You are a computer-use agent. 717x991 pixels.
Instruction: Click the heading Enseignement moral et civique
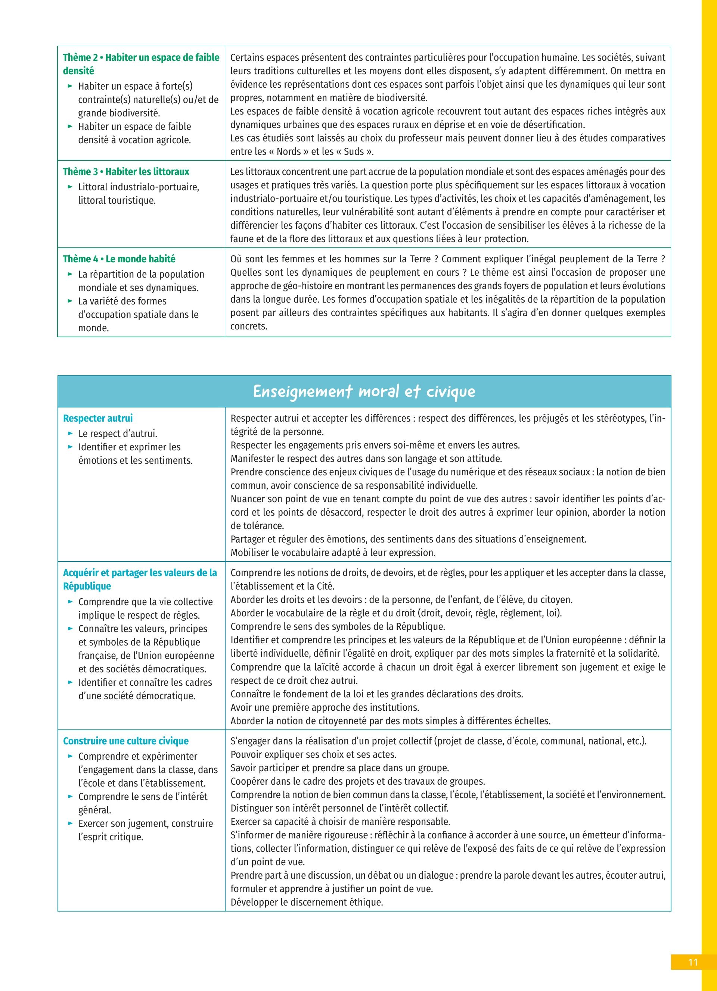[364, 391]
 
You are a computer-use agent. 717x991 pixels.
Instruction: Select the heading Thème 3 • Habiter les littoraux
[126, 172]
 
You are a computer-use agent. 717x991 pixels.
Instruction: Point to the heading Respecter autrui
[97, 418]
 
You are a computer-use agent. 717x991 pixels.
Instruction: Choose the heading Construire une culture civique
[126, 741]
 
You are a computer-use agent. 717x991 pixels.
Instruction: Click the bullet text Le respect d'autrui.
[118, 434]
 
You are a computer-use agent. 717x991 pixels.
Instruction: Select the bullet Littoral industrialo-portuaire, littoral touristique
[138, 194]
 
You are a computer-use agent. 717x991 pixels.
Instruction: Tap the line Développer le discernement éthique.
[307, 902]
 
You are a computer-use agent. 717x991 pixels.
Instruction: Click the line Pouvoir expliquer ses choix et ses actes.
[313, 754]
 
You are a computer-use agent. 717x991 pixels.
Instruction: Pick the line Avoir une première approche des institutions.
[325, 707]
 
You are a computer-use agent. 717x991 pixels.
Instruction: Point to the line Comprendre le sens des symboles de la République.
[338, 626]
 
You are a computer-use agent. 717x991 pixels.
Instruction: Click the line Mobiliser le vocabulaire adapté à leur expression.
[333, 553]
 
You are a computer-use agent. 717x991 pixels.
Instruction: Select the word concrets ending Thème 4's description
[248, 326]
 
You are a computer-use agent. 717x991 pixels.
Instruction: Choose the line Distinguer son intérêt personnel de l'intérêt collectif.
[339, 808]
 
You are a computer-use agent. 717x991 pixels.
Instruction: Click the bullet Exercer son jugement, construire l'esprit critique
[145, 830]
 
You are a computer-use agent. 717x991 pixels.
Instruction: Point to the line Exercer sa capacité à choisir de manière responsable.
[340, 822]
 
